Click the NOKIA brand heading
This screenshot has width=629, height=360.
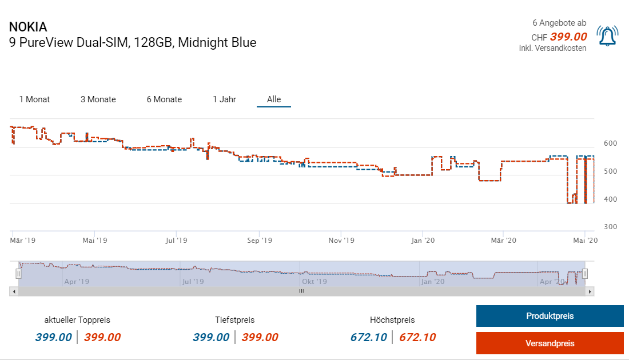(28, 27)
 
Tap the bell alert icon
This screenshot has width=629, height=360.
(607, 36)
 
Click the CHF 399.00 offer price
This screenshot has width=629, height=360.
(568, 37)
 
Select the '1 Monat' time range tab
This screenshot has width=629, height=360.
(34, 99)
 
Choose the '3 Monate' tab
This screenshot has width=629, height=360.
(98, 99)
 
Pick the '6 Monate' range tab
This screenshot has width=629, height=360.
(164, 99)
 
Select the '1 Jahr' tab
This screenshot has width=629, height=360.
(224, 99)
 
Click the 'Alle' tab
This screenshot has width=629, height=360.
(274, 99)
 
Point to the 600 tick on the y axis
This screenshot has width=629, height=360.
(610, 143)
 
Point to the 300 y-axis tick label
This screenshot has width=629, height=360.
(610, 227)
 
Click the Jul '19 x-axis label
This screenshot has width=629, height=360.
(177, 241)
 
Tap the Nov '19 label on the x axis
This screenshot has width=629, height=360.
(341, 241)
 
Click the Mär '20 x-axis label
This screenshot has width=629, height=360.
(504, 241)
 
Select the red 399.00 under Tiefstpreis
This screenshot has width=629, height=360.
(260, 337)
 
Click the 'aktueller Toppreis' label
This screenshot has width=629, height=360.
(77, 320)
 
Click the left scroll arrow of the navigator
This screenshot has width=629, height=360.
(14, 291)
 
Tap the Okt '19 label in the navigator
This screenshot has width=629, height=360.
(314, 281)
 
